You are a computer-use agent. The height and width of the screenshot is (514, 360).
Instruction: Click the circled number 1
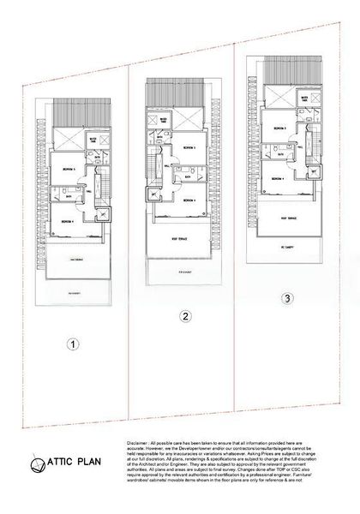[75, 345]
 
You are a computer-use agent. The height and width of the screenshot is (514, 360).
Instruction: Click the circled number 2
[183, 316]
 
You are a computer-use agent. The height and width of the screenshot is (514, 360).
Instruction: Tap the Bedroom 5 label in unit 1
[69, 170]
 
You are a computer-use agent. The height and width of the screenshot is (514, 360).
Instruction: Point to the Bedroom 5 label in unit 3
[279, 128]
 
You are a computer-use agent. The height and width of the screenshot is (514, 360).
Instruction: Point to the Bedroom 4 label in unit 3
[278, 179]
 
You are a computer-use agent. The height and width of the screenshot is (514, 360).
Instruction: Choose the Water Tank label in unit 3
[303, 99]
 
